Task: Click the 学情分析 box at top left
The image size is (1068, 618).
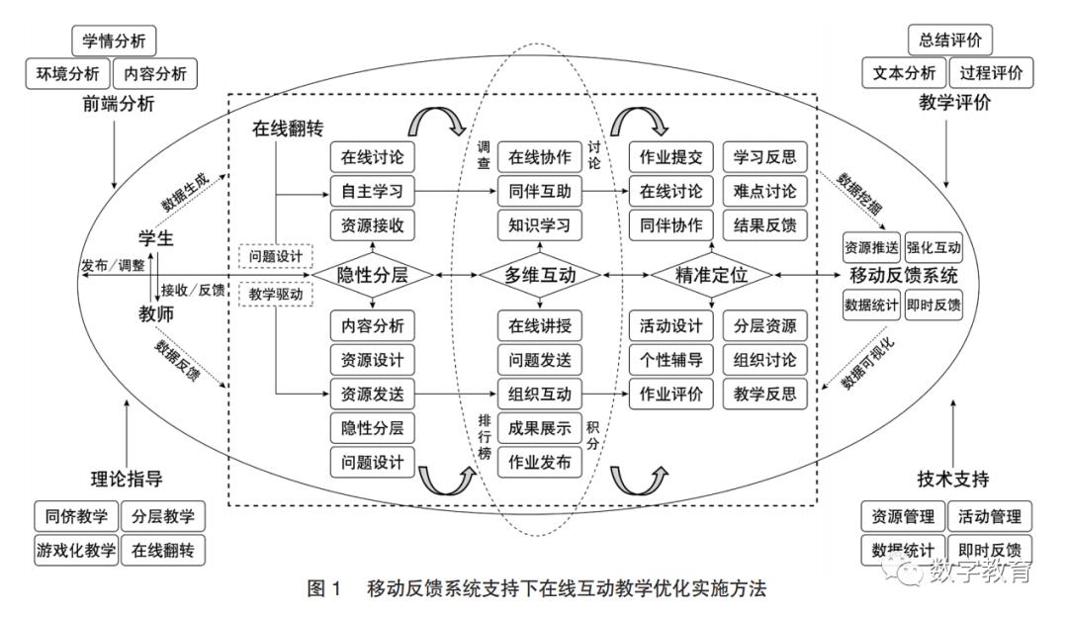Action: pyautogui.click(x=115, y=42)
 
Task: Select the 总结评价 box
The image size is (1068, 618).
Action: pyautogui.click(x=950, y=41)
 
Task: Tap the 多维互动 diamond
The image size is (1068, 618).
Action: pyautogui.click(x=539, y=275)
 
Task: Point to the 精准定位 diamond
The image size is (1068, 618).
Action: pyautogui.click(x=711, y=275)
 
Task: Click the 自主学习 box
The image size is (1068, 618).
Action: pyautogui.click(x=372, y=191)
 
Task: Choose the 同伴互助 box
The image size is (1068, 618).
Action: pyautogui.click(x=540, y=191)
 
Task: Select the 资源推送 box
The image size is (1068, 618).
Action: pyautogui.click(x=871, y=245)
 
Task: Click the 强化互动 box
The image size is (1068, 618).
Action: pyautogui.click(x=933, y=245)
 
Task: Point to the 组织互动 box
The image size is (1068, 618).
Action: pyautogui.click(x=540, y=394)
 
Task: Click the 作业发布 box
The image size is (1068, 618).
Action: pyautogui.click(x=540, y=462)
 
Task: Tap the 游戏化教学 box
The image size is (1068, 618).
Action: pyautogui.click(x=74, y=550)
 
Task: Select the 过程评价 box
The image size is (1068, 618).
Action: pyautogui.click(x=990, y=74)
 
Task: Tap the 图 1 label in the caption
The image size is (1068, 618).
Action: pyautogui.click(x=323, y=589)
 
